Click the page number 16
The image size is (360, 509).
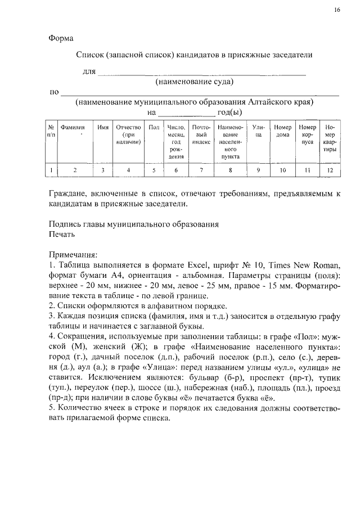(337, 10)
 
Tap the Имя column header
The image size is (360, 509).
(103, 128)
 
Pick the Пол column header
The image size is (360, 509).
(154, 128)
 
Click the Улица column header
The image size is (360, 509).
(259, 132)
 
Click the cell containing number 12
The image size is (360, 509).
(330, 169)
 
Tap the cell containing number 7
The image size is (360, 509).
(201, 169)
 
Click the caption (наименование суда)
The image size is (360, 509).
(194, 83)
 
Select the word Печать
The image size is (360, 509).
(61, 233)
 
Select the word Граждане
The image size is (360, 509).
(70, 193)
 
